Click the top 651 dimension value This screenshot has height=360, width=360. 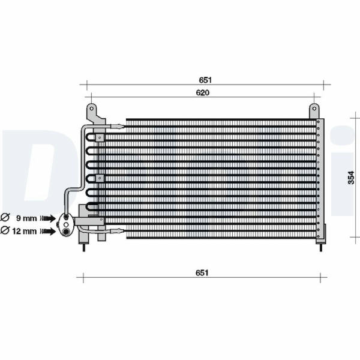click(x=205, y=80)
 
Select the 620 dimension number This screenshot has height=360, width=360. click(x=203, y=92)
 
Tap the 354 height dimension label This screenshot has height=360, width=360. click(x=351, y=178)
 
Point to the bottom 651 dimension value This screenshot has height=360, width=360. click(x=202, y=273)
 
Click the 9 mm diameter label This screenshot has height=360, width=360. click(x=26, y=218)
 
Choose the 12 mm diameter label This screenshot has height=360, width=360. click(x=25, y=231)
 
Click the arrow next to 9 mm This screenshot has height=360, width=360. click(x=48, y=218)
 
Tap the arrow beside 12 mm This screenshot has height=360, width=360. click(x=48, y=231)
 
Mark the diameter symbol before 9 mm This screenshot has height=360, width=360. click(x=5, y=217)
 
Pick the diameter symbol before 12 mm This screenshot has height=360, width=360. click(x=5, y=230)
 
